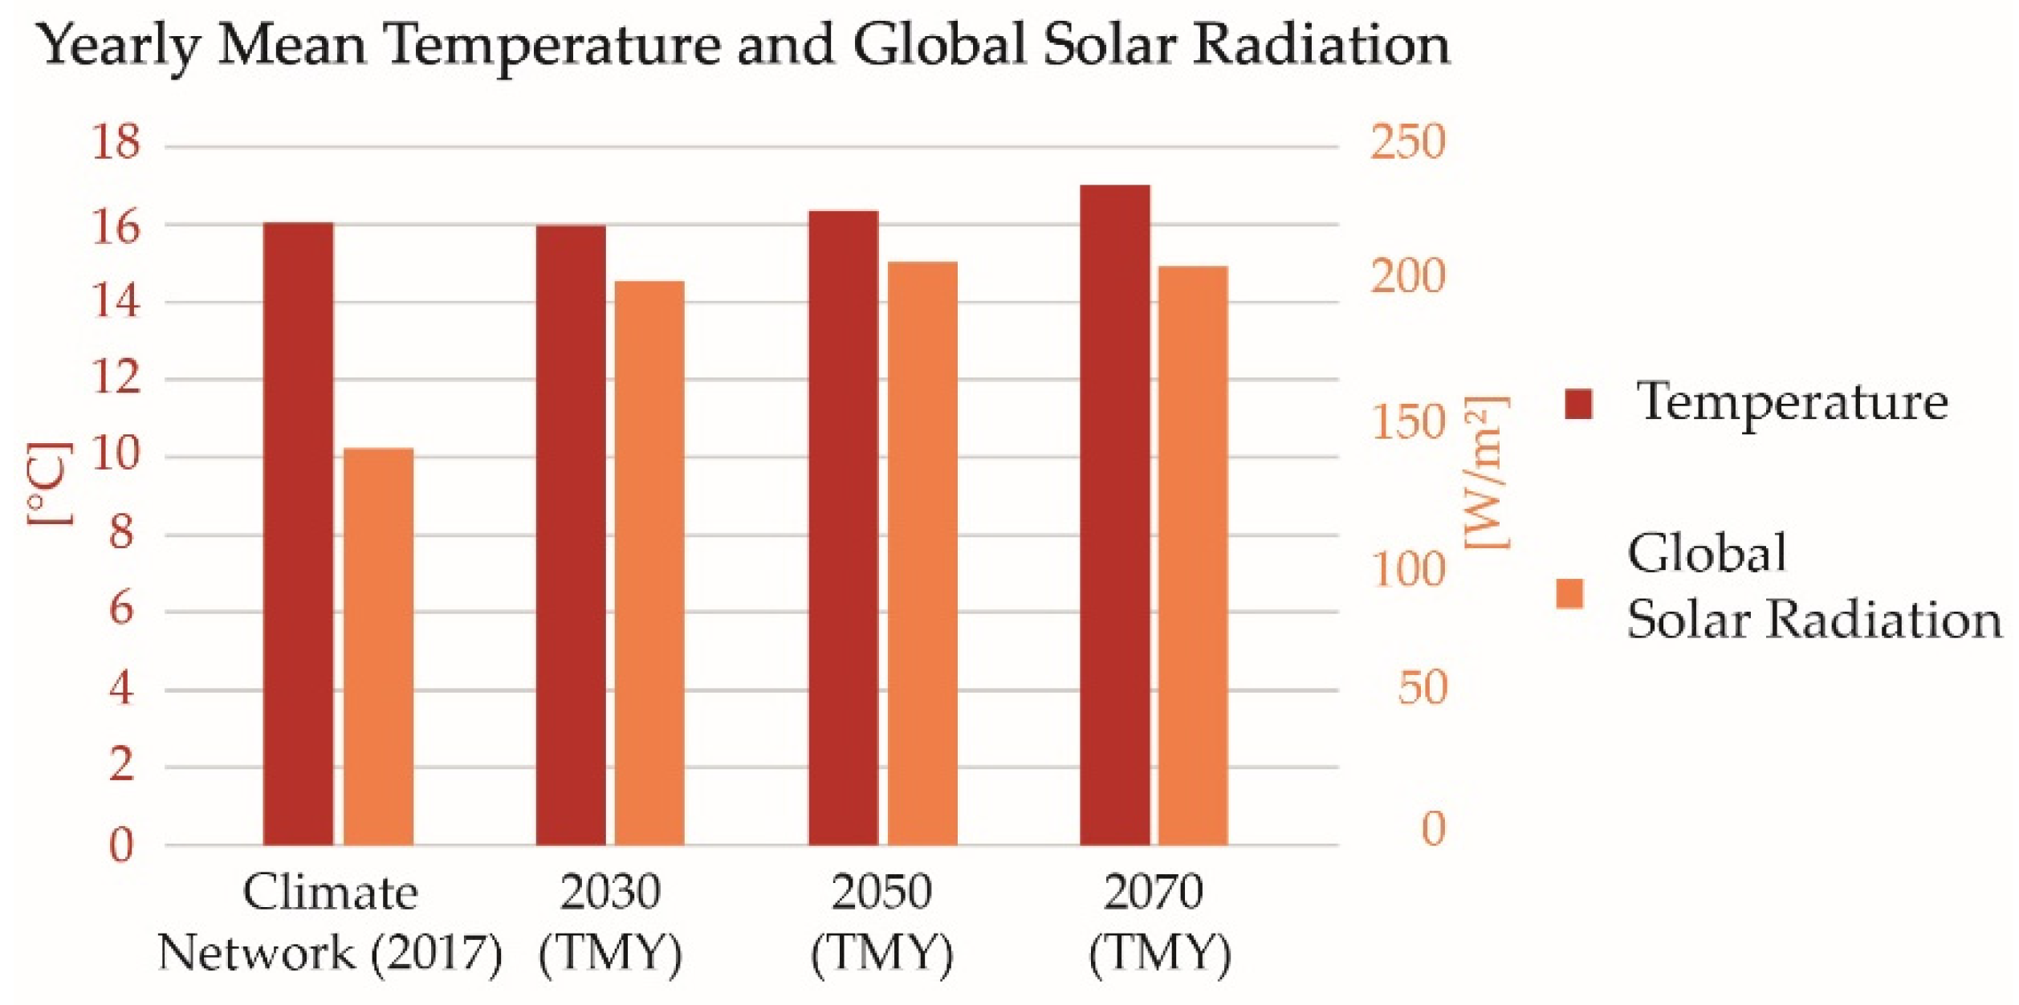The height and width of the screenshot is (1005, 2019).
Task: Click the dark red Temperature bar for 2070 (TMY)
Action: [x=1114, y=514]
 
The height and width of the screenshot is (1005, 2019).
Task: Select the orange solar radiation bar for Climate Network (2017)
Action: [x=378, y=646]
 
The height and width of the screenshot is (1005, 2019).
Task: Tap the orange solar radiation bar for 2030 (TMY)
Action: [x=649, y=562]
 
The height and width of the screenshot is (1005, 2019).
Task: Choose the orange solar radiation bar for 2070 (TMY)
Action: [x=1192, y=555]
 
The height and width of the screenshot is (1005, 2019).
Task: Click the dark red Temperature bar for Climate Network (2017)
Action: [x=298, y=533]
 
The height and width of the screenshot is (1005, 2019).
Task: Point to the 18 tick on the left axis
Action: [x=116, y=143]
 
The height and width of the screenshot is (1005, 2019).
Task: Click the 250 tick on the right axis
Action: [x=1406, y=143]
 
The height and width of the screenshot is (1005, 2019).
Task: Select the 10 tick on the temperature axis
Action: [x=116, y=455]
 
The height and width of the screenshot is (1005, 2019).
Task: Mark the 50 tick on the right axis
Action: [x=1421, y=688]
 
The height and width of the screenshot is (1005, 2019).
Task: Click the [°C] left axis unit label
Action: [x=50, y=483]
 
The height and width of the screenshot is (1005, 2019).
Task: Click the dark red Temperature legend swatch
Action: [x=1577, y=404]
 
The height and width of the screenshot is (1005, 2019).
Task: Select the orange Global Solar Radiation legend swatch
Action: [x=1569, y=594]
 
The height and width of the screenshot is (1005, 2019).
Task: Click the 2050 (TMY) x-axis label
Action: [x=881, y=923]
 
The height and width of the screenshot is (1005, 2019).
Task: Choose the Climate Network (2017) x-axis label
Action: [x=330, y=923]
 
